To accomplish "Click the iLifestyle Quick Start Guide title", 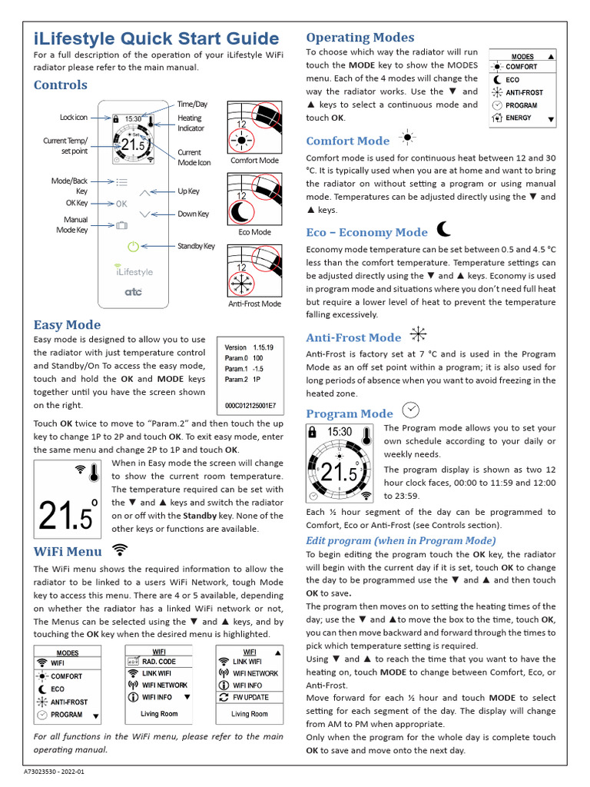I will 157,38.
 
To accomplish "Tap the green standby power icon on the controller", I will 133,247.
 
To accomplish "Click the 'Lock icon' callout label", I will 74,118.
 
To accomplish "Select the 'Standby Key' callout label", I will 196,247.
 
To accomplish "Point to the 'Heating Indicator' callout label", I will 190,123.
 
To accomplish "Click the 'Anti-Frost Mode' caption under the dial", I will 254,304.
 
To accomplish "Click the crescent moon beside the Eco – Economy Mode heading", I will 443,230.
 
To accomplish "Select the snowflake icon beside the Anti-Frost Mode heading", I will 418,334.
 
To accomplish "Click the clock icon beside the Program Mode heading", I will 411,409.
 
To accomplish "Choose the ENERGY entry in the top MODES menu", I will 519,118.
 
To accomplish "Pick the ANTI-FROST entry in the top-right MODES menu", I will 524,92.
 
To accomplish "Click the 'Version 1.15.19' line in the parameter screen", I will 249,347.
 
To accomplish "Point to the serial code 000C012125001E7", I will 250,405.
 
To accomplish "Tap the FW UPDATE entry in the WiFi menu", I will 250,697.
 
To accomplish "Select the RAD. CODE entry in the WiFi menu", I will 158,662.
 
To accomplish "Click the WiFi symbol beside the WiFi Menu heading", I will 120,549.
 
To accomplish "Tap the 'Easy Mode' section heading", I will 67,325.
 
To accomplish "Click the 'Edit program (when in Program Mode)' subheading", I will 401,540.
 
